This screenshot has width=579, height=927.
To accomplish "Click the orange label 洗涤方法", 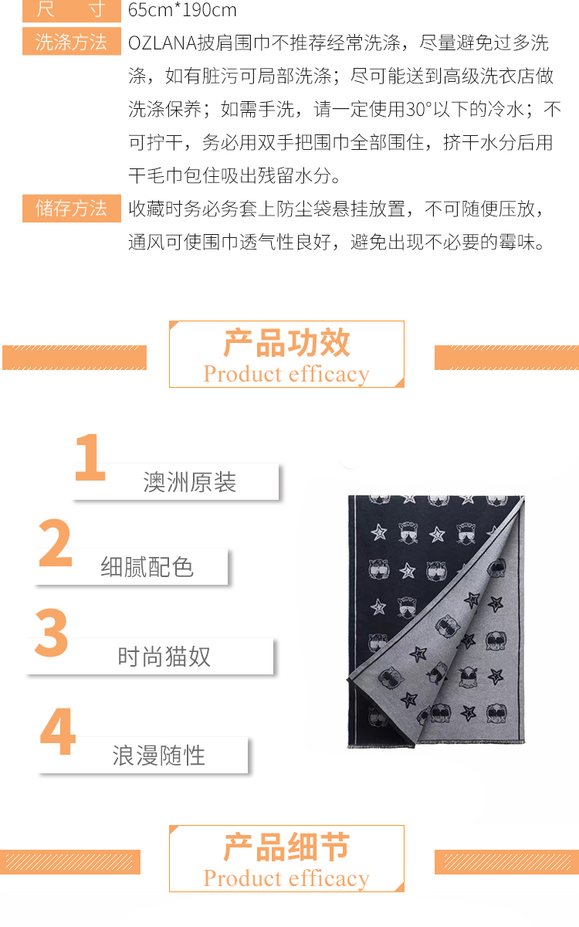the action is (x=72, y=42).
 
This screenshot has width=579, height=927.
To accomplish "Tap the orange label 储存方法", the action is (x=72, y=208).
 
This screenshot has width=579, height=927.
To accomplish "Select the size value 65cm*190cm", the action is (x=182, y=9).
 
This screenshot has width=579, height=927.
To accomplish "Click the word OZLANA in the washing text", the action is (x=162, y=43).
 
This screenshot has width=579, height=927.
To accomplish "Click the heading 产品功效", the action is (x=286, y=343).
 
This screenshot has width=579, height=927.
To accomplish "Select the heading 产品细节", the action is (x=286, y=847).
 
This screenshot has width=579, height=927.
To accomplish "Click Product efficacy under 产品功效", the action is (x=286, y=375).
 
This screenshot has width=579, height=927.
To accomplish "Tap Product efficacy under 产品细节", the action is (x=286, y=878).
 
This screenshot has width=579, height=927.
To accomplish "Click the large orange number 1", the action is (x=90, y=457).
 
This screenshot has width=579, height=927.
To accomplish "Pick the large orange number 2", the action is (x=55, y=542).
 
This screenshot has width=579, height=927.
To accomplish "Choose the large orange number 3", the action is (x=51, y=633).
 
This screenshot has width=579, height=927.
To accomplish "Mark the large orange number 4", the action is (x=58, y=731).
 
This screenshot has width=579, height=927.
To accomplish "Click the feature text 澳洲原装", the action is (x=189, y=482).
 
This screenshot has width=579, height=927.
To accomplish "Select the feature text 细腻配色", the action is (x=147, y=567).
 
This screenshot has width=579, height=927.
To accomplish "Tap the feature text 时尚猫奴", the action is (x=164, y=657).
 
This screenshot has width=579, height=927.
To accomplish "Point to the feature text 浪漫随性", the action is (x=159, y=756).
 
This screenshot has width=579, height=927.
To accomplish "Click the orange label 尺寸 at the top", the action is (x=72, y=10).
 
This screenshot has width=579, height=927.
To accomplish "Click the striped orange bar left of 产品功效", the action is (x=74, y=357).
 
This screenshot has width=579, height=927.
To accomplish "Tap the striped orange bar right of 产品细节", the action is (x=506, y=862).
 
